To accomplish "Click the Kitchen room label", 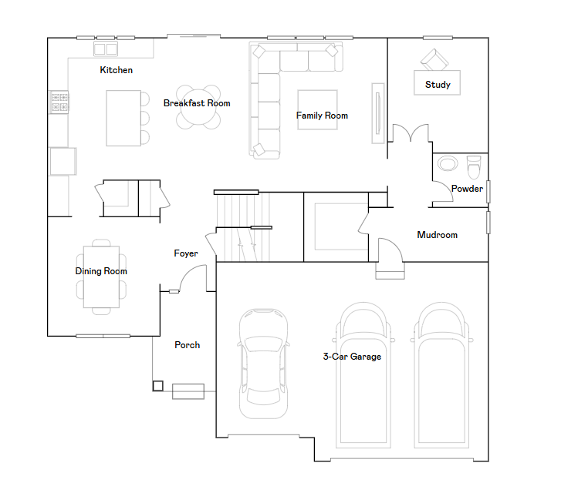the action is coord(116,70).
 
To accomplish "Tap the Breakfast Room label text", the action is coord(197,103).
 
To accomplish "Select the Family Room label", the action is coord(322,116).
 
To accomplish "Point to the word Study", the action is coord(438,85).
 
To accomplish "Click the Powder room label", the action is coord(467,189).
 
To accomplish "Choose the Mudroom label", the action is coord(438,235).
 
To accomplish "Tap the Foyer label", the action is coord(186,253).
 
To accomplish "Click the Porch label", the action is coord(188,345).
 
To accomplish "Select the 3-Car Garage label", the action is coord(352,357).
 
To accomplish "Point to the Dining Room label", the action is coord(101,271).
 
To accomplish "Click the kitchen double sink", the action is coord(106,49).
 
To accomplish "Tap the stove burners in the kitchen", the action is coord(59,102).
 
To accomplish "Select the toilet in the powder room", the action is coord(474,166).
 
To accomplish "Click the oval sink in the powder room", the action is coord(448,163).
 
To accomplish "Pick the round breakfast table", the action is coord(198,107).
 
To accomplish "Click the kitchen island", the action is coord(123,118).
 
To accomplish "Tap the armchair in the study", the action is coord(434,59).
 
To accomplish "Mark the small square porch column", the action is coord(157,386).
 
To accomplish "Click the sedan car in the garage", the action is coord(263,364).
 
